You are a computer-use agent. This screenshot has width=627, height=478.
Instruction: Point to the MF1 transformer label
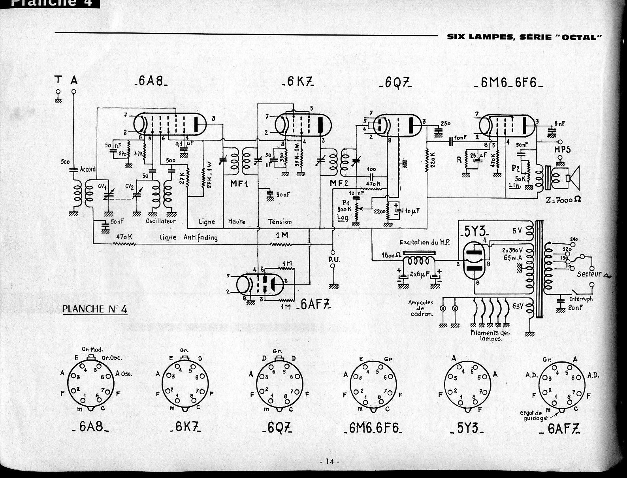(239, 183)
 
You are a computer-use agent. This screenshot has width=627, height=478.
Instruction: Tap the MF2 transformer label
(339, 183)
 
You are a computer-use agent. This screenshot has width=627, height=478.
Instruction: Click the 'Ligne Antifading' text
(188, 237)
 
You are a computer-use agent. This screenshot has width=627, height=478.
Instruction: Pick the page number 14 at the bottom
(330, 461)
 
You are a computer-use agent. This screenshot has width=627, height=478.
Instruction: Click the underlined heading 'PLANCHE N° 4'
(95, 309)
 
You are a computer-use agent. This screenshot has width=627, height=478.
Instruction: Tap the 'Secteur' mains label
(589, 274)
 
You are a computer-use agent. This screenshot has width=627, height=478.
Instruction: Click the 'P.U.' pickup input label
(334, 259)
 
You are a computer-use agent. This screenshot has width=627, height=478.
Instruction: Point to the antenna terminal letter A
(74, 80)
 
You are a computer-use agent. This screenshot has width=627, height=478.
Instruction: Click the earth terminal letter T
(58, 80)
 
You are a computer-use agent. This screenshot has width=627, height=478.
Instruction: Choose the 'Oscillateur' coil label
(161, 221)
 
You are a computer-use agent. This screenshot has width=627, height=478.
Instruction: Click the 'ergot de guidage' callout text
(534, 416)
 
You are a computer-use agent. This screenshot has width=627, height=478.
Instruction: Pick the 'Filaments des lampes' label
(490, 335)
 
